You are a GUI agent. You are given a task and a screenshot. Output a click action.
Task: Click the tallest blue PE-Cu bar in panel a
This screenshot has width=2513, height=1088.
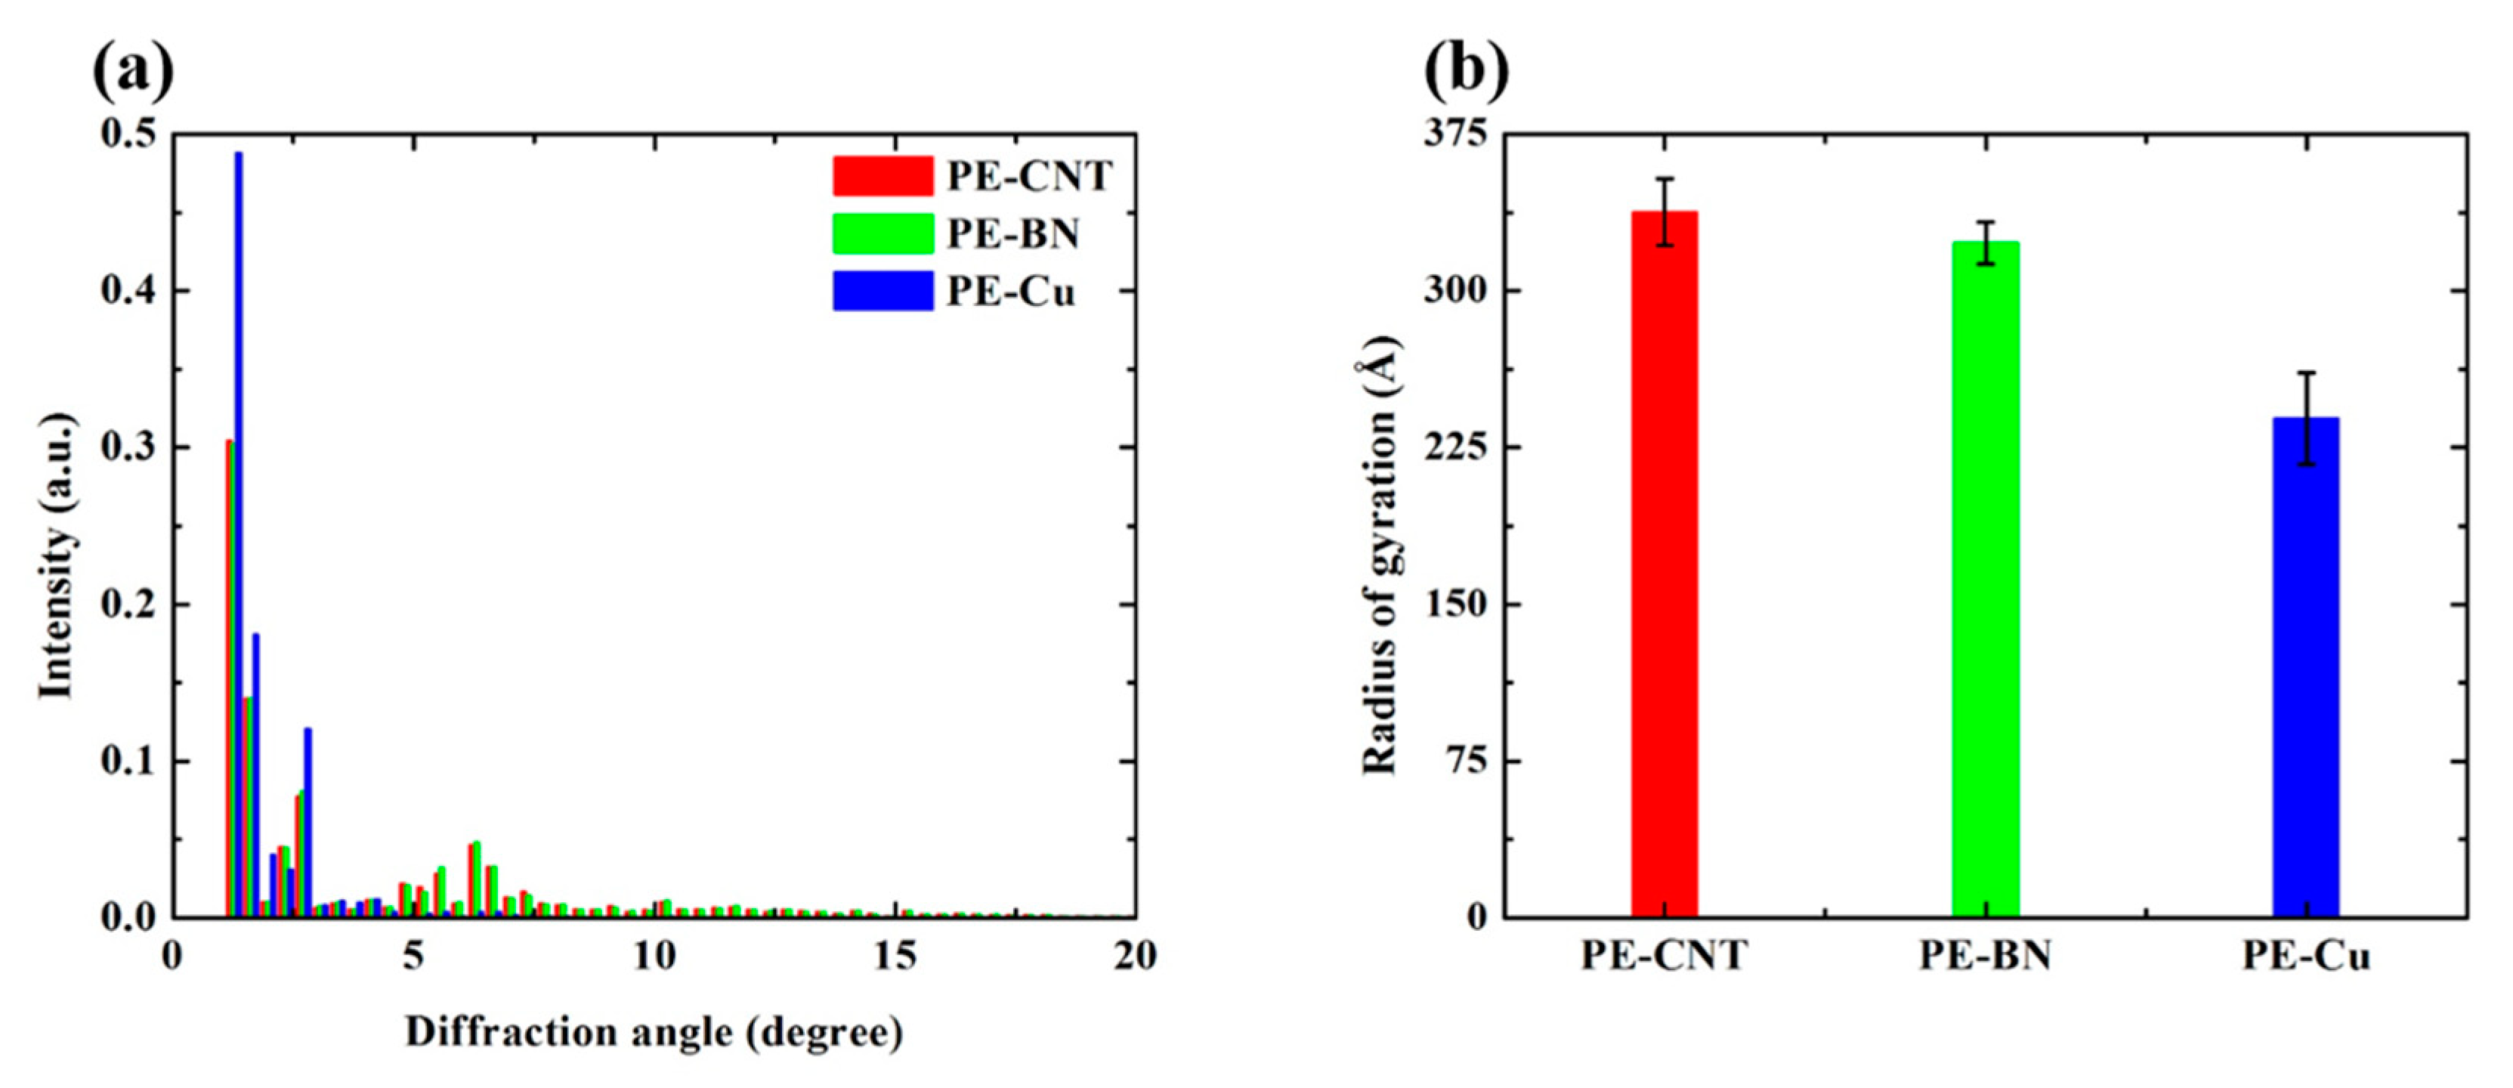(238, 536)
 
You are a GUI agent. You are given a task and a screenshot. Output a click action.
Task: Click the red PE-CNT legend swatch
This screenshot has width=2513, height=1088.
(882, 177)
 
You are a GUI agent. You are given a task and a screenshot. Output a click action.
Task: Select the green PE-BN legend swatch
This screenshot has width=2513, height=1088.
(882, 234)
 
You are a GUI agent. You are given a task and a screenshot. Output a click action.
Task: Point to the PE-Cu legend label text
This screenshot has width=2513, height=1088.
(1011, 292)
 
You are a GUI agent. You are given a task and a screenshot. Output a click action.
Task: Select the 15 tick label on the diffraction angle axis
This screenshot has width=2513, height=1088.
(895, 957)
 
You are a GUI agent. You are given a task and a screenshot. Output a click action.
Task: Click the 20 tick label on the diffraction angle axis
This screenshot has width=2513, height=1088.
(1135, 957)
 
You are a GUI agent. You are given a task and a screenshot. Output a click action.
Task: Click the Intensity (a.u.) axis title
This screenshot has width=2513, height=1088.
(57, 556)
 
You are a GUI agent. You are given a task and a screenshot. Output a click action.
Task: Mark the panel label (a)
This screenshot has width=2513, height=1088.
(133, 70)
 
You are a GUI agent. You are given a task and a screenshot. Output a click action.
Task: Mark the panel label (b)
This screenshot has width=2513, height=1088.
(1467, 70)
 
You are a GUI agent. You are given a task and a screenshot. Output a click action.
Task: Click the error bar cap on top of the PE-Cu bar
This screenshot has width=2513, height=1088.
(2306, 372)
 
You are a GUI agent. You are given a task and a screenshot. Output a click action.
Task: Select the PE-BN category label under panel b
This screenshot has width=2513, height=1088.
(1985, 957)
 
